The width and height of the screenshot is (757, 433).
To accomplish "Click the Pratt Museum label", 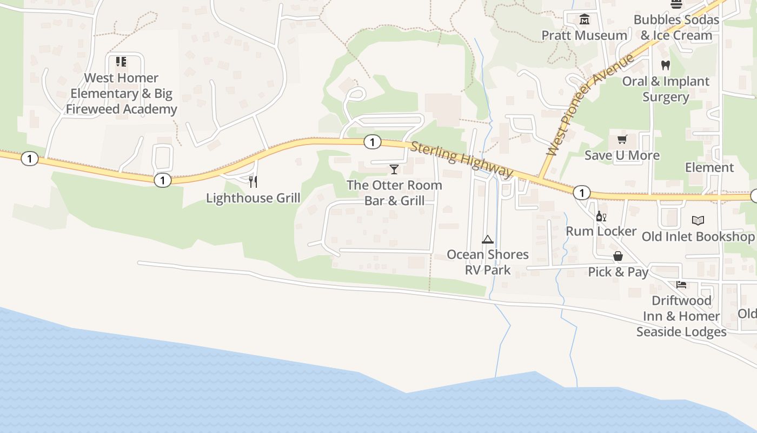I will coord(585,36).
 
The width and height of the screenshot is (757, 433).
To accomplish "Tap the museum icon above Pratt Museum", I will coord(585,19).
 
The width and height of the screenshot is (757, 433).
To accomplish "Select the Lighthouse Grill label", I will coord(253,198).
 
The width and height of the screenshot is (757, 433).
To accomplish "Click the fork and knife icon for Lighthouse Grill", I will coord(253,182).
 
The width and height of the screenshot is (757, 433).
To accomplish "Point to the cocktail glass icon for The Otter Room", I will coord(394,169).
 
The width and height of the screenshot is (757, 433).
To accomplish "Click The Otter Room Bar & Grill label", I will coord(394,193).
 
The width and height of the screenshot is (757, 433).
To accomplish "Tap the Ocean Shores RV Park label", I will coord(488,262).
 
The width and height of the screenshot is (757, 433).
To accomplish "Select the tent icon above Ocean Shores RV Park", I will coord(488,239).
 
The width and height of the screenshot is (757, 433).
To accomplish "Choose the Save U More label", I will coord(622,156).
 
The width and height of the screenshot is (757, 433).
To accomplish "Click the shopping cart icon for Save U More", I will coord(622,140).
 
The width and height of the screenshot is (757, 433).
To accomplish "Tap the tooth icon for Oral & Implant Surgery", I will coord(666,65).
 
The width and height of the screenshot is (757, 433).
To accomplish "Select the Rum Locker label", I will coord(601,232).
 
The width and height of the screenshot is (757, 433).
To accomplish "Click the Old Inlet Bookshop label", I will coord(698,237).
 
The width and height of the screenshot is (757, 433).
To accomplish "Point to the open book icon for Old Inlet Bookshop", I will coord(698,220).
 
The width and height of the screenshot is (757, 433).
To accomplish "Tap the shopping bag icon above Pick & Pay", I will coord(618,256).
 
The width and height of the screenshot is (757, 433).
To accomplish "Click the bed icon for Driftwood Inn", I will coord(681,284).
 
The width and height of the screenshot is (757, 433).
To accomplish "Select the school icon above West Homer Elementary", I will coord(121,62).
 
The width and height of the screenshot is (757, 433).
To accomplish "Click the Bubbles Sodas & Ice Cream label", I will coord(676,28).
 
